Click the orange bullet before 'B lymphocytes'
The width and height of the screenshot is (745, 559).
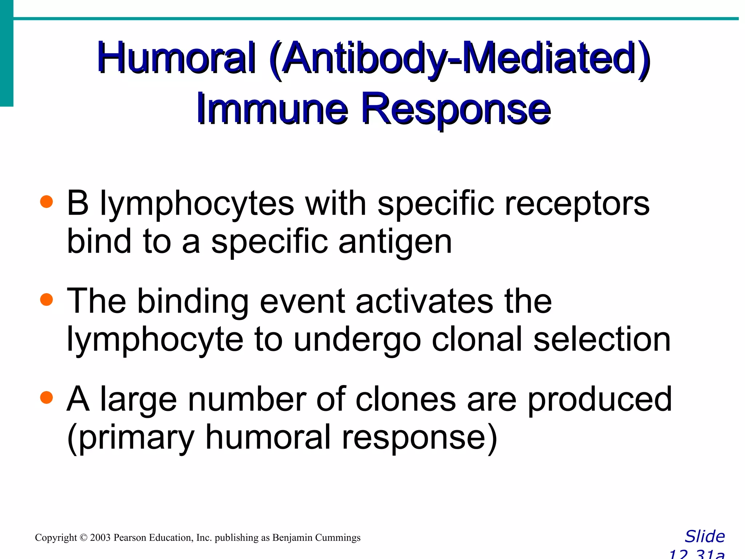(47, 201)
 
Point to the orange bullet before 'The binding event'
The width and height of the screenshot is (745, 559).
(47, 300)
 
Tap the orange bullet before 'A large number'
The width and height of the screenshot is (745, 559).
(47, 397)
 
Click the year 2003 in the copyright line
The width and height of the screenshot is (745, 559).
(100, 538)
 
